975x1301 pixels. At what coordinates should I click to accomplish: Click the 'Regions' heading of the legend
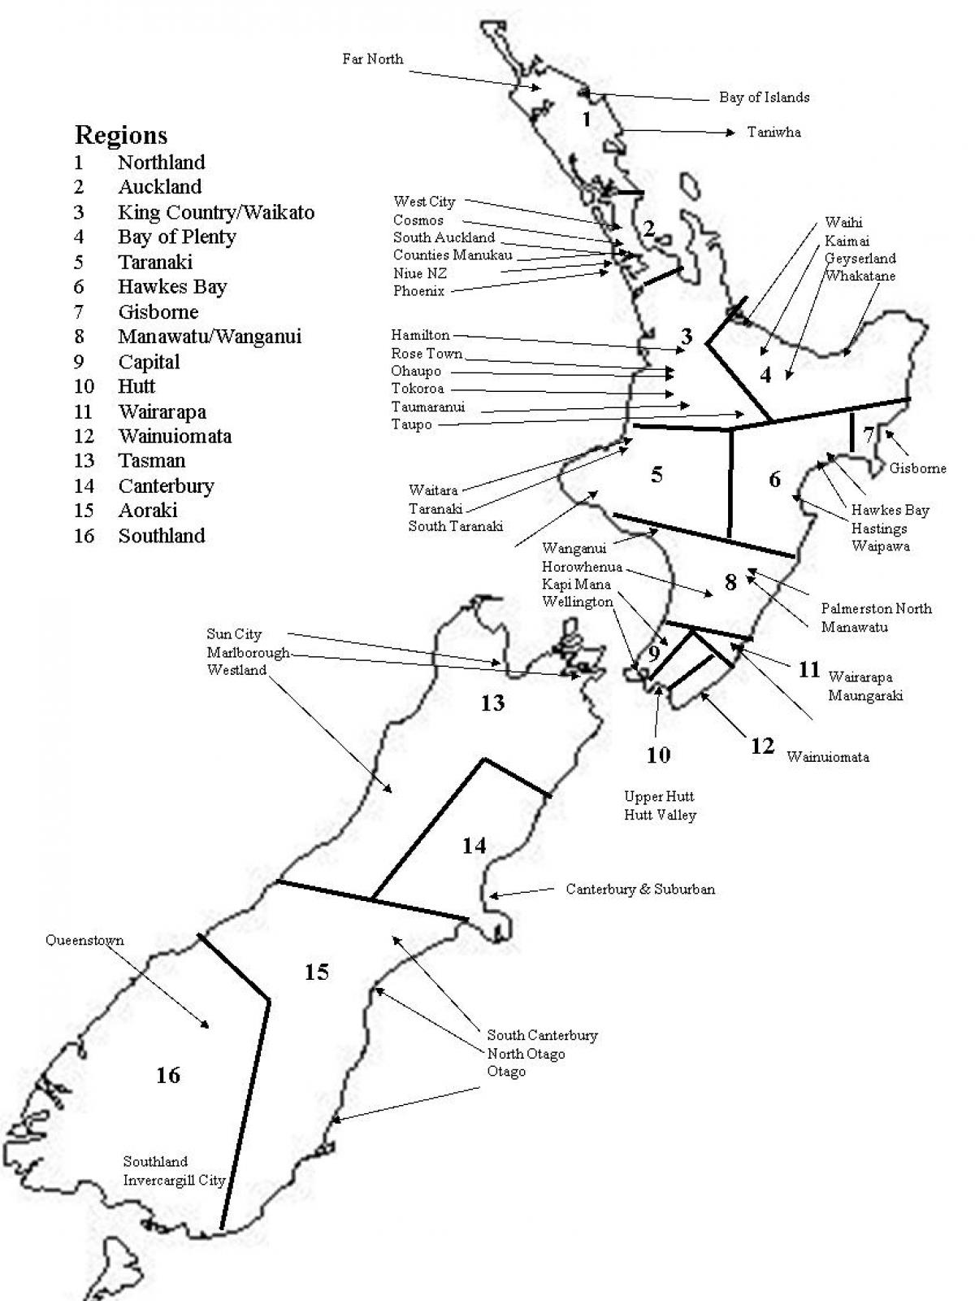click(x=121, y=135)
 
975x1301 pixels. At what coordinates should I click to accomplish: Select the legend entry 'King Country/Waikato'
click(x=215, y=212)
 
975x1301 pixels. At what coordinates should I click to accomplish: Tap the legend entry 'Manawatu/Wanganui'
click(x=209, y=336)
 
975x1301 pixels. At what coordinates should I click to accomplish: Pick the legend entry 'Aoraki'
click(x=147, y=510)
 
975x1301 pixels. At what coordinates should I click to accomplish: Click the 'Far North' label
click(x=372, y=59)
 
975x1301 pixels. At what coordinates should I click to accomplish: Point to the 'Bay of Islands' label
click(x=764, y=98)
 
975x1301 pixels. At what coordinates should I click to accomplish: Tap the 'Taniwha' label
click(x=773, y=132)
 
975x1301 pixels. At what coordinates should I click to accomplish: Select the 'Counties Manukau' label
click(x=453, y=255)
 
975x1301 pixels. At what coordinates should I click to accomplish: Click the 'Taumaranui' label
click(x=427, y=407)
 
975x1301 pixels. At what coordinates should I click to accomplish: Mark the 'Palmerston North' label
click(x=876, y=608)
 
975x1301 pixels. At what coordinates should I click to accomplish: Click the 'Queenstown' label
click(x=84, y=941)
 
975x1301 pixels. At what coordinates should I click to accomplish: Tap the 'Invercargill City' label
click(x=174, y=1180)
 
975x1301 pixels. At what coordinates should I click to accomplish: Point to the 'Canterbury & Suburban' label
click(x=640, y=890)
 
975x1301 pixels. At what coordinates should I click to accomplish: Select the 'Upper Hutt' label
click(x=659, y=796)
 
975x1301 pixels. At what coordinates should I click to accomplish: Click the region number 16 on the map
click(x=168, y=1076)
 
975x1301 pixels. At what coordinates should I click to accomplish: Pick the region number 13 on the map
click(x=492, y=703)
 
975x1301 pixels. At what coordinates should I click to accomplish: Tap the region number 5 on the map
click(x=656, y=474)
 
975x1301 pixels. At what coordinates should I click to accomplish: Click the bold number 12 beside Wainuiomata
click(x=762, y=746)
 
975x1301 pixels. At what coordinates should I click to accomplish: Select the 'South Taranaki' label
click(x=455, y=526)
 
